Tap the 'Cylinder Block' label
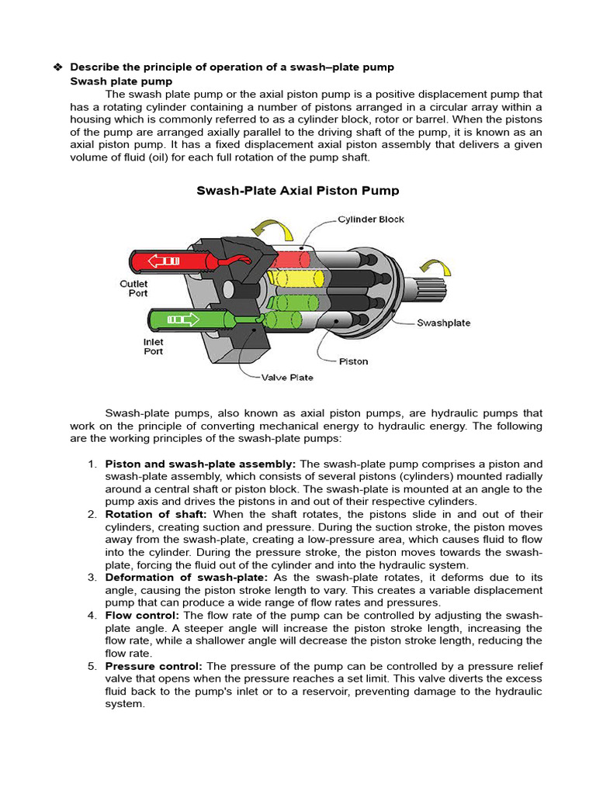(370, 219)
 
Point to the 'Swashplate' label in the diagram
(443, 323)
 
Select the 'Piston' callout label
(354, 361)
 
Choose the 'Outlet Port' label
(133, 289)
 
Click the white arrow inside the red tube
(164, 262)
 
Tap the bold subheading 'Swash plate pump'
(121, 81)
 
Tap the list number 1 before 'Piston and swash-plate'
(92, 464)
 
